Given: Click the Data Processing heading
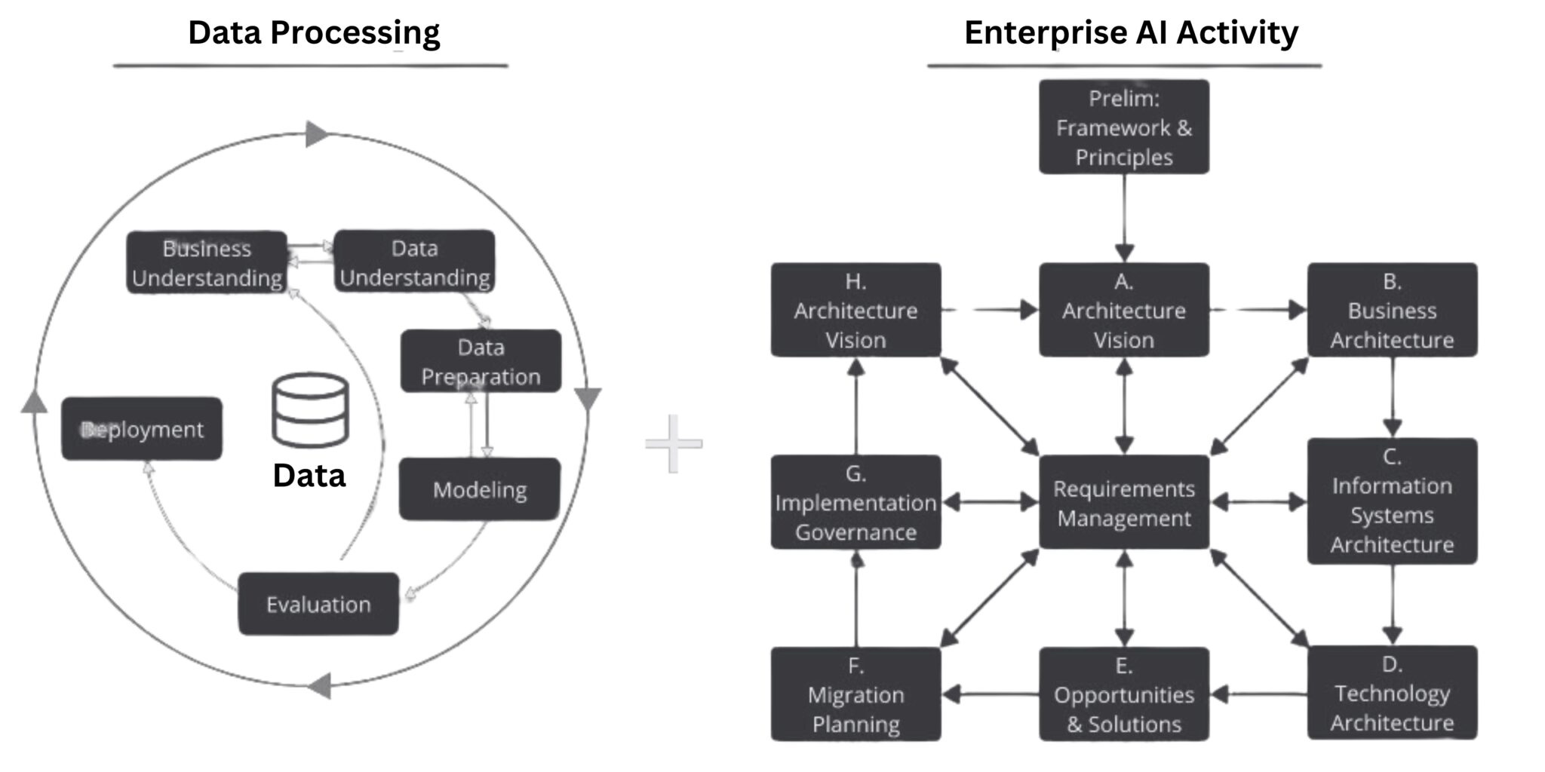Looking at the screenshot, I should click(x=313, y=33).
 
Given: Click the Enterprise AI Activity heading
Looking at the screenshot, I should click(x=1130, y=33).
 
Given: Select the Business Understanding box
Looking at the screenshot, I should click(x=207, y=262).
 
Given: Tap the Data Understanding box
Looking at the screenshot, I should click(x=414, y=262).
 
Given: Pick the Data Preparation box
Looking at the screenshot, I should click(x=481, y=361).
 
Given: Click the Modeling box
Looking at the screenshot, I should click(x=480, y=489).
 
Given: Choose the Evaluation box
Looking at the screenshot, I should click(x=318, y=604).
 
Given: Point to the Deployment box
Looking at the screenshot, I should click(x=142, y=429).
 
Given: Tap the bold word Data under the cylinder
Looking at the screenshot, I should click(x=309, y=476).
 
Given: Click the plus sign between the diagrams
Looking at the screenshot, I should click(x=673, y=443).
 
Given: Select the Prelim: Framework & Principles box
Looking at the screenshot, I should click(x=1123, y=127).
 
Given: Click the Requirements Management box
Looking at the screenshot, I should click(x=1123, y=502).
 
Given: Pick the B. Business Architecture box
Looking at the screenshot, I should click(x=1391, y=310).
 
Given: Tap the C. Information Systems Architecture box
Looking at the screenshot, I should click(x=1391, y=501).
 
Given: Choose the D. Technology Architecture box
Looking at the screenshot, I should click(x=1391, y=692).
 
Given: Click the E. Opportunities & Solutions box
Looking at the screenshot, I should click(x=1123, y=694).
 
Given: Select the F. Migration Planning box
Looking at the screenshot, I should click(x=855, y=694).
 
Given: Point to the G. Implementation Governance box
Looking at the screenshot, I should click(x=855, y=502).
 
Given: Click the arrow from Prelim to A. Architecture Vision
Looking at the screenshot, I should click(x=1124, y=219).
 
